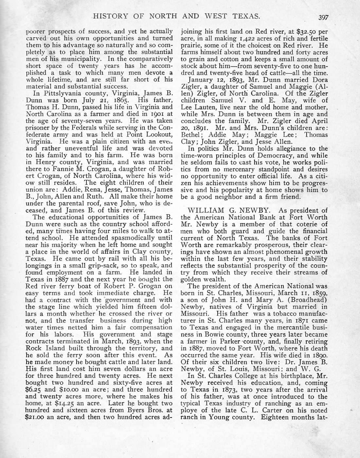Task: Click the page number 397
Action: pyautogui.click(x=322, y=17)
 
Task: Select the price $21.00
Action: pyautogui.click(x=36, y=417)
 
